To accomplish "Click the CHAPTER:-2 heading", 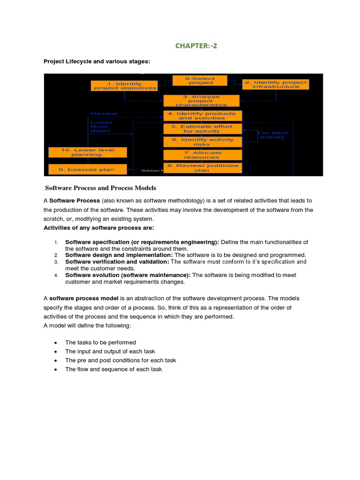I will tap(196, 45).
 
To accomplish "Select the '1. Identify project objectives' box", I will tap(124, 85).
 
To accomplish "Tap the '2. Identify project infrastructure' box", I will tap(276, 84).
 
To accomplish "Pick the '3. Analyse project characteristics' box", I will tap(201, 101).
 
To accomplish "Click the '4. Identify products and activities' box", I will tap(202, 116).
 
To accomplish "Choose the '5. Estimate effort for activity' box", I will tap(202, 129).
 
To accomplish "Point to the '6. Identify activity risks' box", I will tap(202, 142).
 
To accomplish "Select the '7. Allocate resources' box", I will tap(202, 155).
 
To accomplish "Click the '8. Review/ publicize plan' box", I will tap(202, 168).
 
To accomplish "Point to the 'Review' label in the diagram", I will tap(104, 114).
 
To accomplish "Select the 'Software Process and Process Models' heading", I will tap(101, 188).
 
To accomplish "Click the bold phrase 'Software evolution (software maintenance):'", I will tap(128, 275).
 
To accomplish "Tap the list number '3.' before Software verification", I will tap(56, 262).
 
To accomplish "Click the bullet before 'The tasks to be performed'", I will tap(56, 343).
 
